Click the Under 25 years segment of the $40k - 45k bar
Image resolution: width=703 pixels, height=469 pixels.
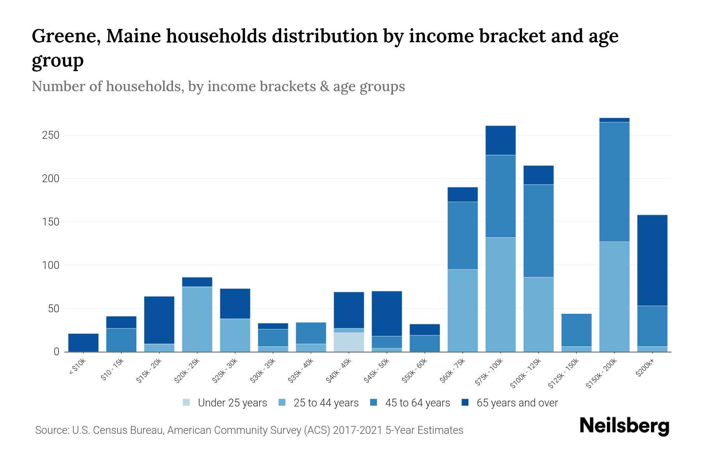[x=349, y=342]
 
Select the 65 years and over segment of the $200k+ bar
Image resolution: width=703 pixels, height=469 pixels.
[x=652, y=260]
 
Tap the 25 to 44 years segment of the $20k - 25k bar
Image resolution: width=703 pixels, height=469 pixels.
[x=197, y=319]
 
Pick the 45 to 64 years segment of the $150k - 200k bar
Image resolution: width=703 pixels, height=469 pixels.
[x=614, y=182]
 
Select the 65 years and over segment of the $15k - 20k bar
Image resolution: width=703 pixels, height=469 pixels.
[x=159, y=320]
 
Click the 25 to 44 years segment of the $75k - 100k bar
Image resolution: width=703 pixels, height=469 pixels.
[x=500, y=294]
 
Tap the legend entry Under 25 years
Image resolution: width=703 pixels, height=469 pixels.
[x=232, y=403]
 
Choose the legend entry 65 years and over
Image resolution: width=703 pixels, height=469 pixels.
[x=517, y=403]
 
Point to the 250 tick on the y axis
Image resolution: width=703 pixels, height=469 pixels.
[x=51, y=135]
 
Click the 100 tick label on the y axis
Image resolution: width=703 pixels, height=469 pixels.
[x=51, y=265]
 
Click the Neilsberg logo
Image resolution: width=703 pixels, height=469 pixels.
[x=624, y=426]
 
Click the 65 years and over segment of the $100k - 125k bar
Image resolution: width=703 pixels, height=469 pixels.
[x=538, y=175]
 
